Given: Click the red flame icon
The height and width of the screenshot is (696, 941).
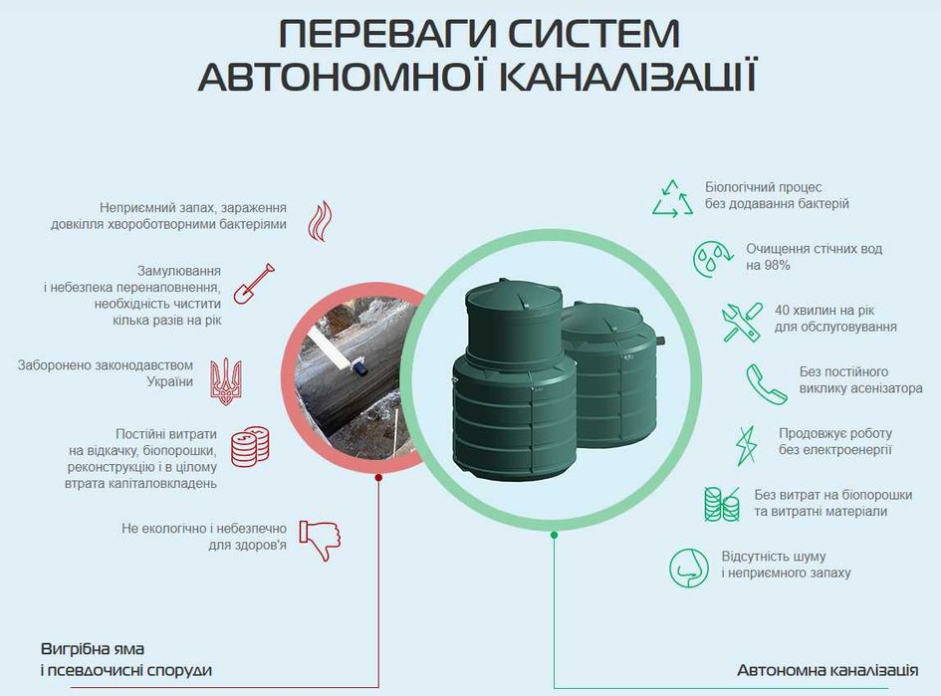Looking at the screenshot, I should (320, 220).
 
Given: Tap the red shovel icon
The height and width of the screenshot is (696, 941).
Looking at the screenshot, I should (253, 284).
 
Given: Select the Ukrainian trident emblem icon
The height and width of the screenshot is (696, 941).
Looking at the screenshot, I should (226, 379).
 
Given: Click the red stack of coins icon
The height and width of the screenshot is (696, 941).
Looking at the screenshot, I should (249, 446).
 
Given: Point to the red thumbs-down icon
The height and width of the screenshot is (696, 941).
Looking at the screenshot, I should (319, 538).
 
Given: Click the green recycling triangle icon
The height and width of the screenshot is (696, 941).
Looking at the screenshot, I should (672, 198).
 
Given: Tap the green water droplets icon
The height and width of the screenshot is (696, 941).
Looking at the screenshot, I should (713, 258).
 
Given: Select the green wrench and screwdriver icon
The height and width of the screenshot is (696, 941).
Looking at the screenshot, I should (742, 322).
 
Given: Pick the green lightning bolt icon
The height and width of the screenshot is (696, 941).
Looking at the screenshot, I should (746, 444).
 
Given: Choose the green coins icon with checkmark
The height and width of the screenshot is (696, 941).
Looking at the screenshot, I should (721, 504).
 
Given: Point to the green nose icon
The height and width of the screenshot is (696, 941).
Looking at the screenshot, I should (688, 568).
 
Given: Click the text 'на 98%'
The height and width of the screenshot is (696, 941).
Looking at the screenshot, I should (768, 266).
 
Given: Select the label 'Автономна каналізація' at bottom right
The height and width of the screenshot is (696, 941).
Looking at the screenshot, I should (826, 669).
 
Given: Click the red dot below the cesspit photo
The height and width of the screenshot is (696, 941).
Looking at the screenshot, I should (378, 478).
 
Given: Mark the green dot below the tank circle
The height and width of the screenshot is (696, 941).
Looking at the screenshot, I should (555, 535).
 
